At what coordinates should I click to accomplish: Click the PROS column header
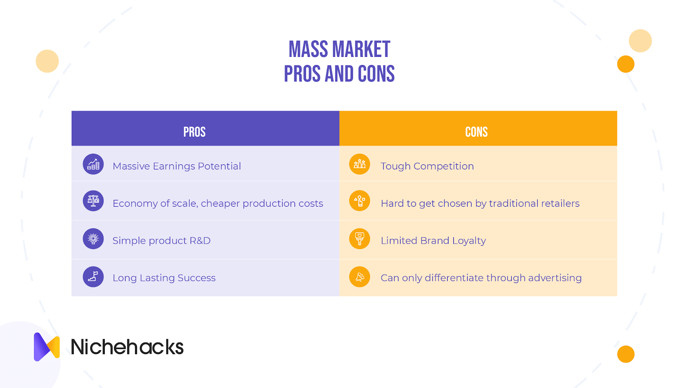(194, 132)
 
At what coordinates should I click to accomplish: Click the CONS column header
(477, 132)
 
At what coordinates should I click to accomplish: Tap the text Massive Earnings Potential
(177, 166)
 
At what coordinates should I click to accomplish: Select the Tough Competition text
(427, 166)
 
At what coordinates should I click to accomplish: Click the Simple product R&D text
(162, 240)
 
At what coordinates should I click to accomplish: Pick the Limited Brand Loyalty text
(433, 240)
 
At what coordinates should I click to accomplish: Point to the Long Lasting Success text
(164, 278)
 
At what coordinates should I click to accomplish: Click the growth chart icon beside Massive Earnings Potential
(93, 164)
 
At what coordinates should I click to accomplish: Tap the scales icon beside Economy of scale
(93, 201)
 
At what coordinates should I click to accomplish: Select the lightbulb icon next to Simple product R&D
(93, 239)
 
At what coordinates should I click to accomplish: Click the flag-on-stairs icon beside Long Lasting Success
(93, 276)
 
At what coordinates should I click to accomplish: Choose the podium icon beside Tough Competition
(359, 164)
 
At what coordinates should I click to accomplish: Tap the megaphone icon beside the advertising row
(359, 276)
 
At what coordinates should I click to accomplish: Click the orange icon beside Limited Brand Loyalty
(359, 239)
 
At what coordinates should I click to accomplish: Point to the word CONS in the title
(376, 74)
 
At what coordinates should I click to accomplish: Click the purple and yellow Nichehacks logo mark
(47, 347)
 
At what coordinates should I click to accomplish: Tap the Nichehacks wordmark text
(127, 347)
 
